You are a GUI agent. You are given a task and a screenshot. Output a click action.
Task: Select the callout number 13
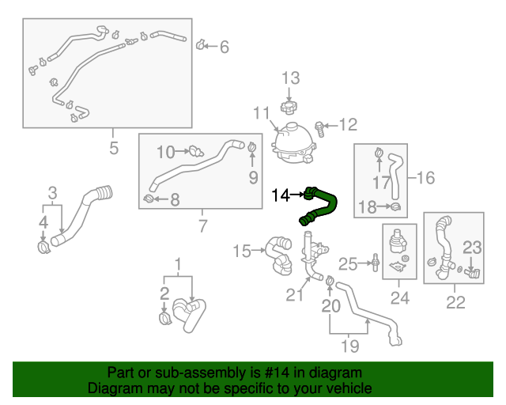pyautogui.click(x=291, y=78)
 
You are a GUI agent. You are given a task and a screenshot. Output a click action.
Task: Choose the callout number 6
pyautogui.click(x=224, y=47)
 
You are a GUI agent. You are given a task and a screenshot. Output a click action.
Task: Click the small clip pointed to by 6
pyautogui.click(x=201, y=45)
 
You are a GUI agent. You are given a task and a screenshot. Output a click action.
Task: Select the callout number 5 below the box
pyautogui.click(x=113, y=148)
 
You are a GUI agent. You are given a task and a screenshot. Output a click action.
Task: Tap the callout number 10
pyautogui.click(x=165, y=151)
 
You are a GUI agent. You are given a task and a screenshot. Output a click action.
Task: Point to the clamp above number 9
pyautogui.click(x=252, y=146)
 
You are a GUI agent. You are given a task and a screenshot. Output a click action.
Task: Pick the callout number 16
pyautogui.click(x=426, y=178)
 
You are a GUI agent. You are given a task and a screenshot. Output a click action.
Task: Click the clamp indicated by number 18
pyautogui.click(x=395, y=207)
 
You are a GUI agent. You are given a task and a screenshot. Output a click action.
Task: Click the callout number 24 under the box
pyautogui.click(x=400, y=298)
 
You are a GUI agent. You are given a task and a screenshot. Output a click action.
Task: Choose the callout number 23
pyautogui.click(x=472, y=248)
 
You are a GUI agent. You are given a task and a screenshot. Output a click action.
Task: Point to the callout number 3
pyautogui.click(x=52, y=192)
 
